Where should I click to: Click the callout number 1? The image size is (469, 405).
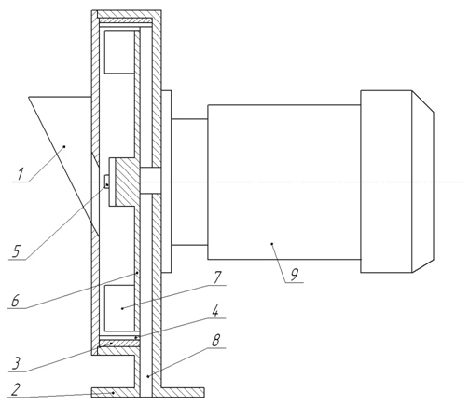pos(21,174)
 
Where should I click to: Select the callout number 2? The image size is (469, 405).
pos(15,389)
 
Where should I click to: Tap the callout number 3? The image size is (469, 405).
pos(16,363)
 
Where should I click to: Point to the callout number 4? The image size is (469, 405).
pos(214,311)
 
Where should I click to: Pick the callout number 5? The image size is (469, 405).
pos(17,251)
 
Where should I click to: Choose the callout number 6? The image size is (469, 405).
pos(16,301)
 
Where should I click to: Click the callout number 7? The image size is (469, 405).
pos(217,277)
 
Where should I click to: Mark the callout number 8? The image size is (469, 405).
pos(215,341)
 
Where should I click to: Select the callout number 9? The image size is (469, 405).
pos(294,275)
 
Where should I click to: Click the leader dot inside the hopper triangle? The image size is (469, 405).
pos(64,146)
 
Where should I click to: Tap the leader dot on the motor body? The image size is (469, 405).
pos(272,244)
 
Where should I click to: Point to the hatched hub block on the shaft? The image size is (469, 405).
pos(127,182)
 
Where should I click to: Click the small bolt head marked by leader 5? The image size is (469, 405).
pos(106,182)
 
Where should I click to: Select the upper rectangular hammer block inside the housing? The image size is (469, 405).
pos(119,52)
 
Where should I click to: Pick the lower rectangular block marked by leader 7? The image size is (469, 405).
pos(119,308)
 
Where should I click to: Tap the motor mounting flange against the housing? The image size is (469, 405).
pos(166,182)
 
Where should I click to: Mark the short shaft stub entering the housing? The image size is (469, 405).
pos(150,182)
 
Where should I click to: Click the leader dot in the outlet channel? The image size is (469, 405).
pos(148,376)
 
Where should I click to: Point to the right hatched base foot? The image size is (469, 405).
pos(183,392)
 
